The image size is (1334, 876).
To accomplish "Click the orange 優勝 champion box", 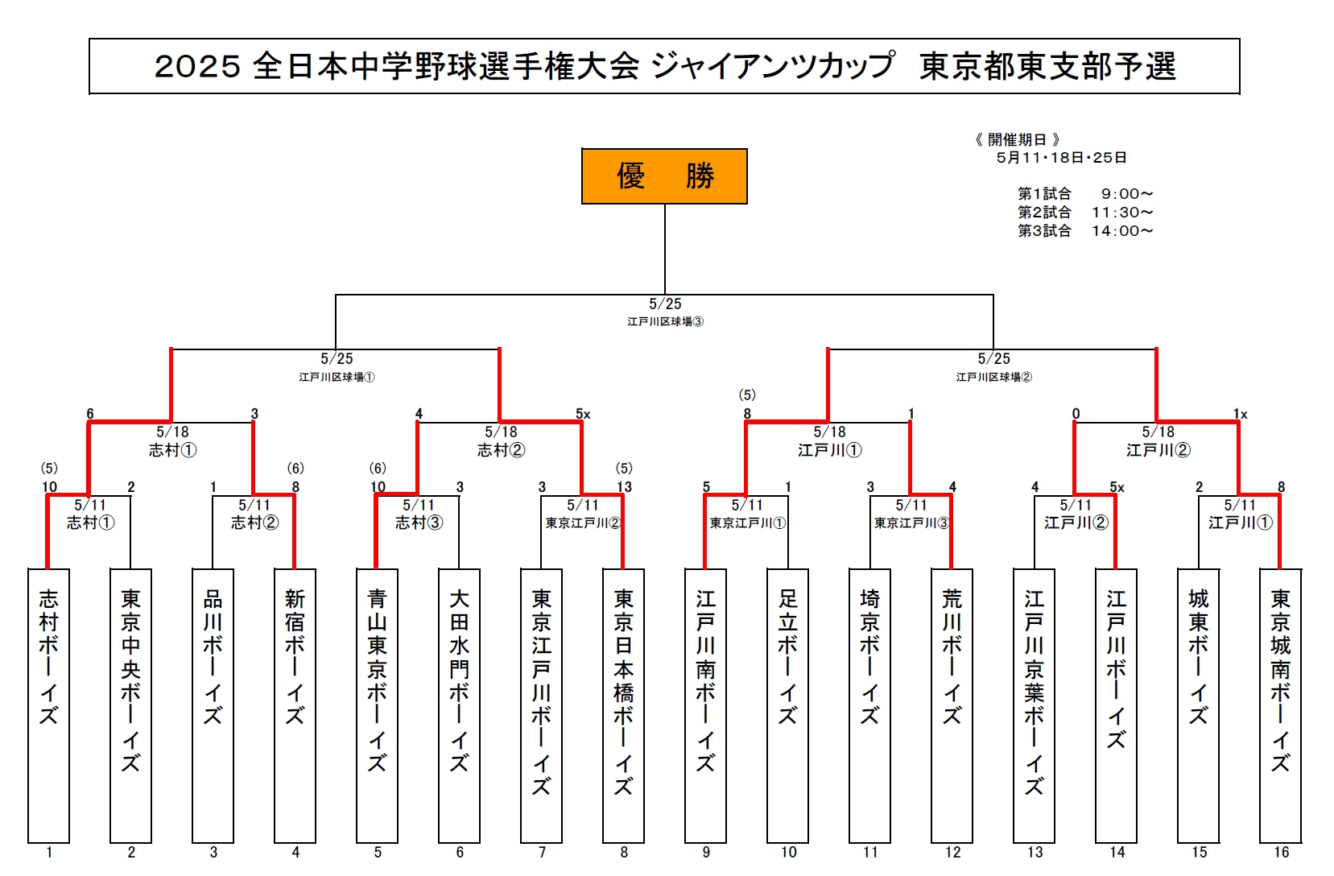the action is tap(664, 176).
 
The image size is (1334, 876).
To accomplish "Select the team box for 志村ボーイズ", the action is tap(49, 705).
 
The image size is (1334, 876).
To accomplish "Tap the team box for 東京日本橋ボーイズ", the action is tap(623, 705).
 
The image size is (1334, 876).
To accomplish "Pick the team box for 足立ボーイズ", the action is tap(788, 705).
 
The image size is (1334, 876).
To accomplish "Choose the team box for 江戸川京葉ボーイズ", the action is tap(1035, 705).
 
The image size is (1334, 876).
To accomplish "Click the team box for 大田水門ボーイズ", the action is tap(459, 705).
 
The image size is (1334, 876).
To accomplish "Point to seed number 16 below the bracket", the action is tap(1281, 853).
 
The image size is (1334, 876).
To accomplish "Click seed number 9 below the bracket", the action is tap(706, 853).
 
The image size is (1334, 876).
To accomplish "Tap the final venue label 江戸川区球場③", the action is tap(665, 321).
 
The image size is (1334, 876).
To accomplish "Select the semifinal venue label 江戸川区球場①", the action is tap(337, 377).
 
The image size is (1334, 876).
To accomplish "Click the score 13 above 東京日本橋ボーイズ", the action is tap(624, 487).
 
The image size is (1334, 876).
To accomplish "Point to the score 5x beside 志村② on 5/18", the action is tap(583, 414).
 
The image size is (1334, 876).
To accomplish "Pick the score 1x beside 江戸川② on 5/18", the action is tap(1241, 414).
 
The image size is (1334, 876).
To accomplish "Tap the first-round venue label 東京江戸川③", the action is tap(912, 523).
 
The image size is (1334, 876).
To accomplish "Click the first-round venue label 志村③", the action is tap(419, 523).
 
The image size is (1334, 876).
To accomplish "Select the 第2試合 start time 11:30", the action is tap(1122, 213).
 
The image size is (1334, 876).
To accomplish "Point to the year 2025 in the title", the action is tap(198, 66).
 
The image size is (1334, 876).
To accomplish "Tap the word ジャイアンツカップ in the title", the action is tap(773, 65).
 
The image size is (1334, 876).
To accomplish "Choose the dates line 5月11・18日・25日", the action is tap(1062, 158).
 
